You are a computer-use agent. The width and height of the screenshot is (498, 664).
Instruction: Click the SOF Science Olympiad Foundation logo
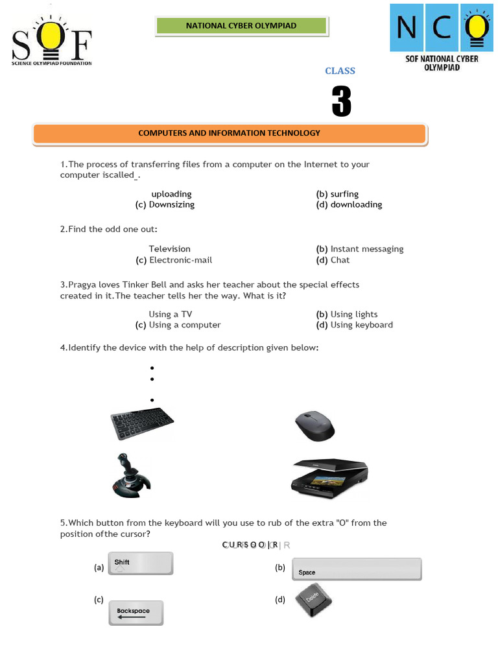coord(51,40)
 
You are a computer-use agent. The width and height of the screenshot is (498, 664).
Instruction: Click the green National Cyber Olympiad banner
coord(241,26)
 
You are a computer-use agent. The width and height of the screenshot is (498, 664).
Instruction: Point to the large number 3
coord(341,102)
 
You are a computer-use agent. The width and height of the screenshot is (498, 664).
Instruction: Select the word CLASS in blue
coord(340,71)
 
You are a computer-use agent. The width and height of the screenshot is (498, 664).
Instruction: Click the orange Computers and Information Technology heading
coord(230,134)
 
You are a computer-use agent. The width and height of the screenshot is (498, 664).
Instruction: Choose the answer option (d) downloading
coord(349,205)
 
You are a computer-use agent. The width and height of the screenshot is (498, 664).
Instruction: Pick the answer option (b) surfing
coord(337,194)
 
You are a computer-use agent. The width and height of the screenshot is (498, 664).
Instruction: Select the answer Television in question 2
coord(169,249)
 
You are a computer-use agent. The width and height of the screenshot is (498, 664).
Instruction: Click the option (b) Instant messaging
coord(360,249)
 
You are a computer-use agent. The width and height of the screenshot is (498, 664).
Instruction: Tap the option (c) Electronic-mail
coord(174,260)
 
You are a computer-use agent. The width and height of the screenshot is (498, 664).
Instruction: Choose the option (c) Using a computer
coord(178,325)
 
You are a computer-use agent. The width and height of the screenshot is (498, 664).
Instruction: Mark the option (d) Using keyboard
coord(355,325)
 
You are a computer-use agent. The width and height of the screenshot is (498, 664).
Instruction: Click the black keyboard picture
coord(142,423)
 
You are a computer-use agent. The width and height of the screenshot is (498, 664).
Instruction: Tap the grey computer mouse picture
coord(315,426)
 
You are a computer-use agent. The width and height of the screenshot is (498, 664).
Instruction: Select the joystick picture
coord(131,476)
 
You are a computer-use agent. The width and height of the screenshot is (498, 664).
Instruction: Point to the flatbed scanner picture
coord(329,478)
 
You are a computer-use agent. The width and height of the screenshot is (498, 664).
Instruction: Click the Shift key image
coord(141,563)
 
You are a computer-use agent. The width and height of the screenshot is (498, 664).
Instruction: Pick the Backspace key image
coord(136,613)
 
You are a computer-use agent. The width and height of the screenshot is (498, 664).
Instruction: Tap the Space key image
coord(357,569)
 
